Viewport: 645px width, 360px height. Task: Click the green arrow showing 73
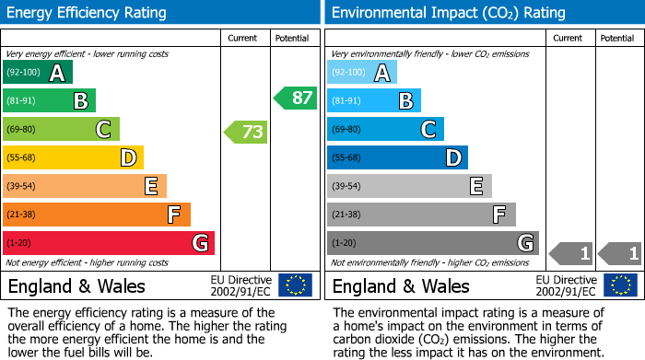(x=246, y=132)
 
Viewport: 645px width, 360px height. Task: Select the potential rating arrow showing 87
(x=295, y=98)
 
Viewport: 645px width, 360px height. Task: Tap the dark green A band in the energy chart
(x=38, y=73)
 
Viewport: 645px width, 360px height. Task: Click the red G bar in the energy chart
(x=109, y=243)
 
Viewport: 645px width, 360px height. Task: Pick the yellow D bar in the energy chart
(x=73, y=157)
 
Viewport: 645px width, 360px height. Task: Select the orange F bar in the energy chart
(x=97, y=215)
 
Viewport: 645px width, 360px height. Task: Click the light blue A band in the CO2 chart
(x=362, y=73)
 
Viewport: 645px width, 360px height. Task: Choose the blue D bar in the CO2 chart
(x=397, y=157)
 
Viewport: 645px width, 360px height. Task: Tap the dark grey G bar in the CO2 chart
(x=433, y=243)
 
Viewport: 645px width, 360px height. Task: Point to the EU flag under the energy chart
(x=296, y=285)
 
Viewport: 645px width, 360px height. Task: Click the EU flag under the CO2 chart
(x=620, y=285)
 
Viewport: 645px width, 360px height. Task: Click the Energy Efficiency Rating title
(x=88, y=13)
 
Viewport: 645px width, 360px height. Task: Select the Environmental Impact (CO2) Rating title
(x=448, y=13)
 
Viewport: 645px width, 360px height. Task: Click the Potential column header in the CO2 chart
(x=617, y=38)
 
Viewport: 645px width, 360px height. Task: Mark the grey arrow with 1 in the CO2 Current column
(x=570, y=252)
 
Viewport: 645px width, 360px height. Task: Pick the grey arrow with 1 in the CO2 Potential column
(x=619, y=252)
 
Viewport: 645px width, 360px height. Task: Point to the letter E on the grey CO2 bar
(x=476, y=186)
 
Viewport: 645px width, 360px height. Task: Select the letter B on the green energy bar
(x=80, y=101)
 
